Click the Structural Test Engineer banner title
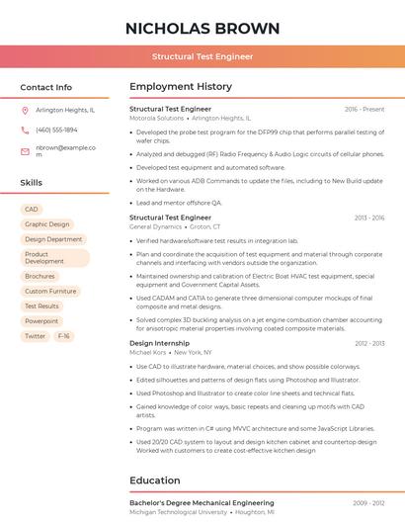pos(202,57)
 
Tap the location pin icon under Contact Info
pos(25,110)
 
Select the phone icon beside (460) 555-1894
pos(25,130)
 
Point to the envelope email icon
pos(25,150)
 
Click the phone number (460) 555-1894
pos(56,130)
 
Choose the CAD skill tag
pos(32,210)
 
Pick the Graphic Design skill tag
pos(46,224)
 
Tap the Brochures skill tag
pos(40,277)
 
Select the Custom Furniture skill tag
pos(50,292)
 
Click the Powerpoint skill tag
pos(41,321)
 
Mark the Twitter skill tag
pos(35,336)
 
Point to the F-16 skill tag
pos(63,336)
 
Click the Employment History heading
pos(181,87)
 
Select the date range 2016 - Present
pos(364,109)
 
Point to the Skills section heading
pos(32,183)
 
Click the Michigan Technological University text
pos(176,512)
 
